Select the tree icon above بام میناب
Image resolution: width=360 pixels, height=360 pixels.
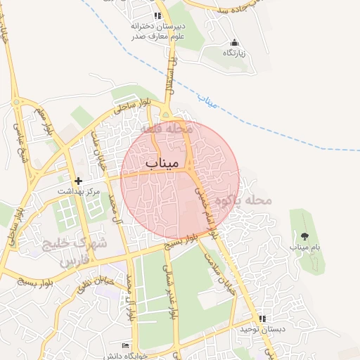[304, 236]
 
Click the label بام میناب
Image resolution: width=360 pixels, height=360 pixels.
[304, 247]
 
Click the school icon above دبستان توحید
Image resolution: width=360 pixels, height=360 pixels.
[262, 319]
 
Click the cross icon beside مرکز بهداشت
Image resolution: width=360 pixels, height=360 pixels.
[78, 181]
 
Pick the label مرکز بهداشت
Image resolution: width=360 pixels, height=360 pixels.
[78, 191]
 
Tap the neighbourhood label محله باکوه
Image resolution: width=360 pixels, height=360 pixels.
[243, 201]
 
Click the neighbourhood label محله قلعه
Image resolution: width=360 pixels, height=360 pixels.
[165, 129]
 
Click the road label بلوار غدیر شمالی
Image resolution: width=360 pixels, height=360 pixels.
[169, 285]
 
